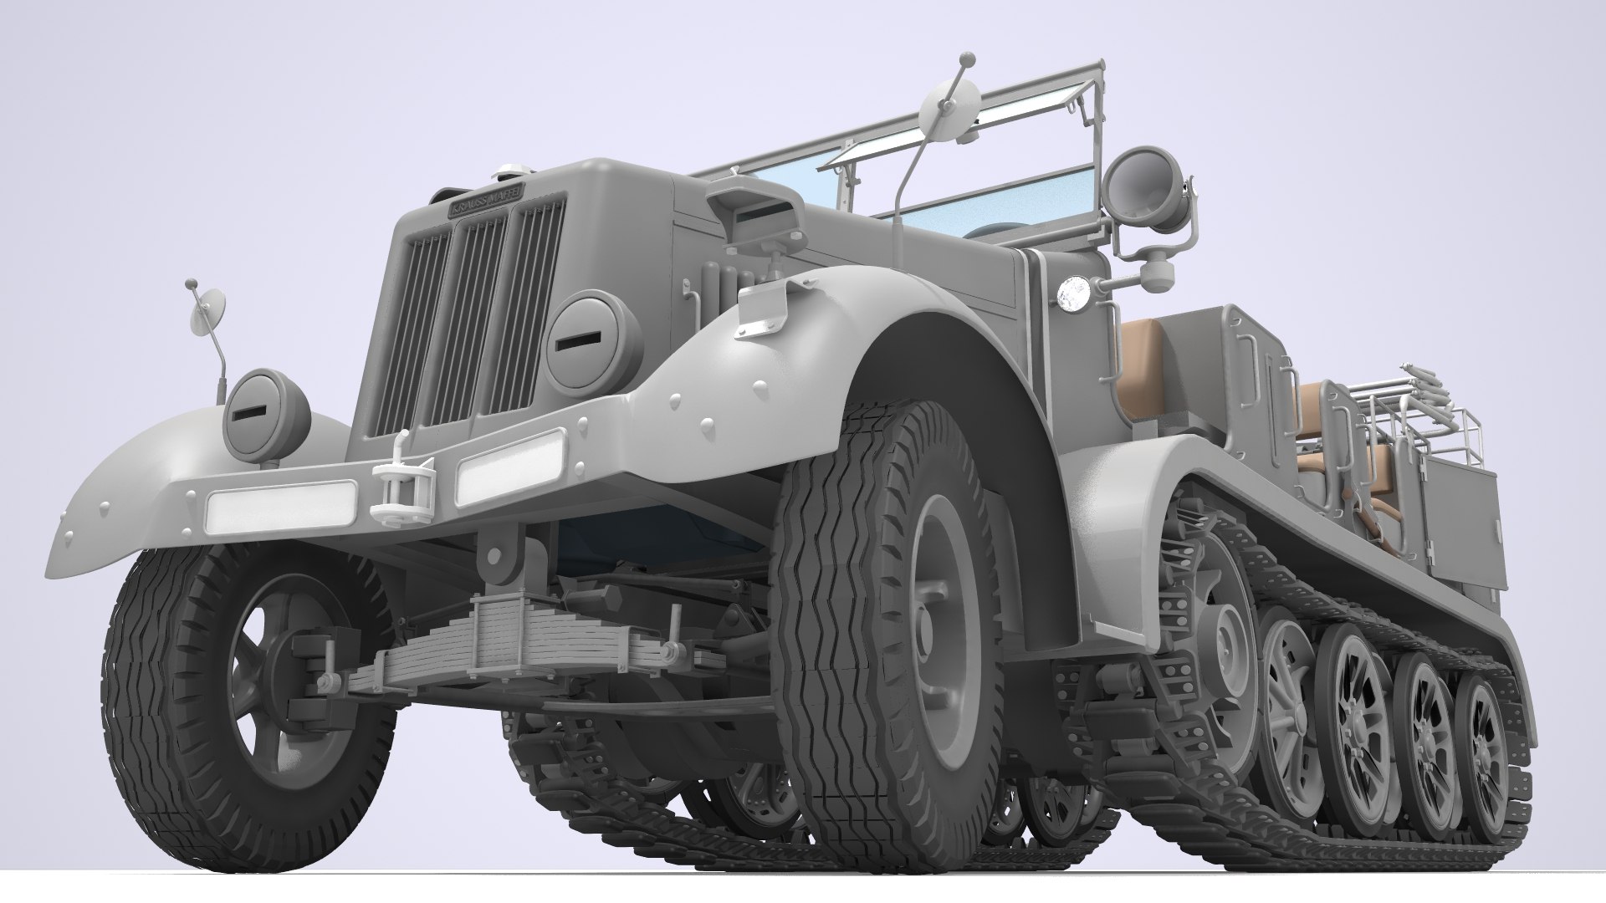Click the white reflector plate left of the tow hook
281,506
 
